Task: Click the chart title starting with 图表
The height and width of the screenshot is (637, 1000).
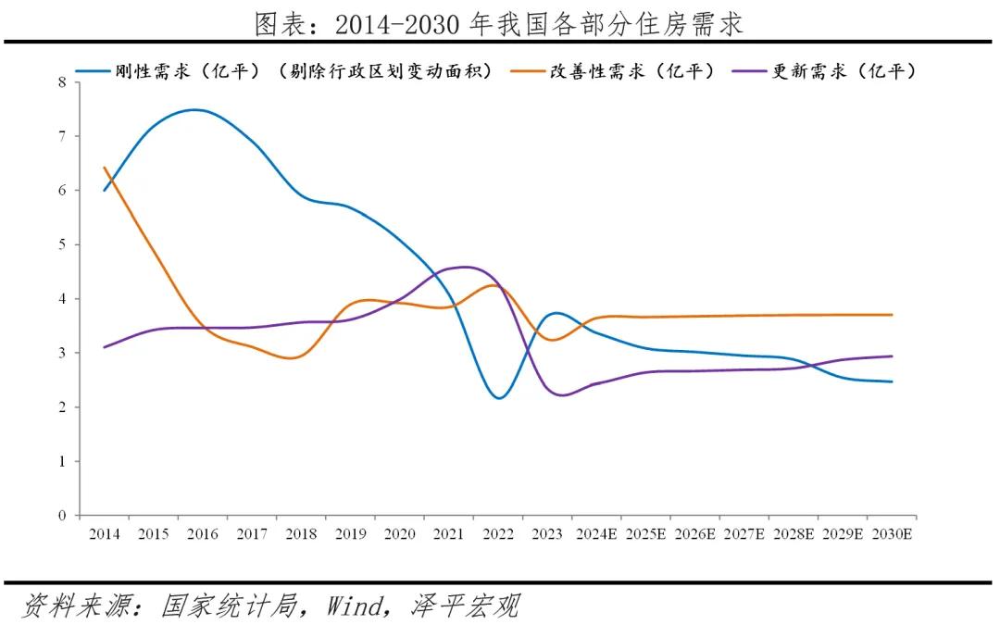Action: click(499, 24)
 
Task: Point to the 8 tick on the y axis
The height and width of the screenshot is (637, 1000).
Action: click(63, 82)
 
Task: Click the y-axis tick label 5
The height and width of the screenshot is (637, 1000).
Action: click(63, 245)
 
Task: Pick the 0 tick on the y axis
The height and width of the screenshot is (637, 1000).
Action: click(63, 516)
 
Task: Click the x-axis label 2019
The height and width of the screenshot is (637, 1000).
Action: click(350, 534)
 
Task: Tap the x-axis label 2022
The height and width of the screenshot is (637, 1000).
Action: click(498, 534)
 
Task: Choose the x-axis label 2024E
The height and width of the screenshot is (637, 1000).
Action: click(597, 534)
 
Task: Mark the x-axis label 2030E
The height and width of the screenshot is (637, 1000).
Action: click(893, 534)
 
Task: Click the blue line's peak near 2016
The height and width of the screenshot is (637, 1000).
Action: click(194, 109)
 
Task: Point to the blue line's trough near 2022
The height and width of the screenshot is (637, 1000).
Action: click(500, 398)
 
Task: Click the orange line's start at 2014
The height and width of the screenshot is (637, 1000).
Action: click(104, 168)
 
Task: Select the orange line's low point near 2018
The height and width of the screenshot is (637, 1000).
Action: click(293, 357)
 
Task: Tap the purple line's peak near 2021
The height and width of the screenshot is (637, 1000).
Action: click(463, 267)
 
